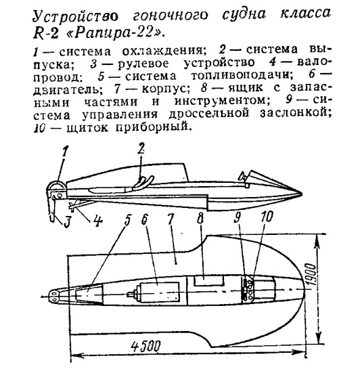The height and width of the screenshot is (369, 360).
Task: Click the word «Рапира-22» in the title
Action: click(115, 33)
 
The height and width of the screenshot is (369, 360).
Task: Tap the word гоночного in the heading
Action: click(171, 16)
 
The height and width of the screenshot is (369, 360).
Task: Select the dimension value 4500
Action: click(145, 346)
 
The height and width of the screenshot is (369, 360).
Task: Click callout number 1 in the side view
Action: click(65, 152)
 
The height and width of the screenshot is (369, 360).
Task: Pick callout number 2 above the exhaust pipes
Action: click(141, 149)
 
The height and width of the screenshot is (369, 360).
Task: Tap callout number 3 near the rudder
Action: click(67, 221)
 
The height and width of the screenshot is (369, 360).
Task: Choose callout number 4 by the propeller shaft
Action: click(97, 221)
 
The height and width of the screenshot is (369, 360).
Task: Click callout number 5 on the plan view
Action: click(127, 220)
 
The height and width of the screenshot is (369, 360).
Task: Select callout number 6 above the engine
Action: click(145, 219)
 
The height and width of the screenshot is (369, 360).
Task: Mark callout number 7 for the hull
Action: click(171, 219)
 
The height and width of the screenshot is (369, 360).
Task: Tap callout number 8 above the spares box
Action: click(200, 219)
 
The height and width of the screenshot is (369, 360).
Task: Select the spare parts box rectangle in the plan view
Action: click(208, 281)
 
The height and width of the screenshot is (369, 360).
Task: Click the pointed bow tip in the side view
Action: click(301, 194)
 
